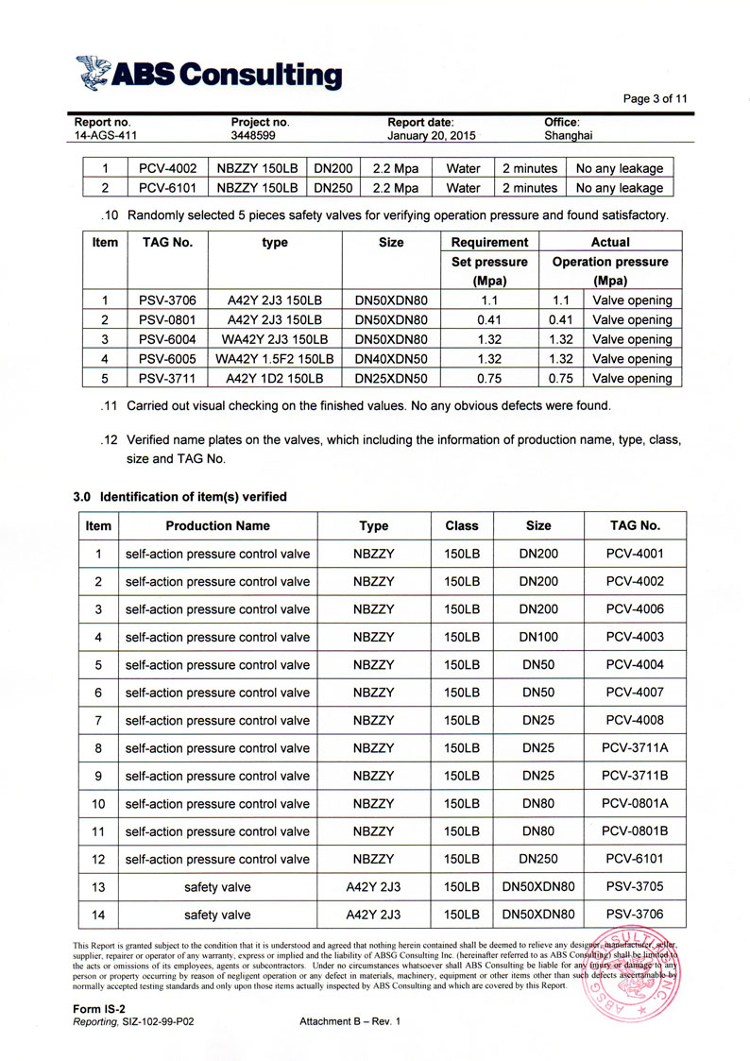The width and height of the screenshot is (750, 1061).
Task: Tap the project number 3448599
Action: click(253, 136)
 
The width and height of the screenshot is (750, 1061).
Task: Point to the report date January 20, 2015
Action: click(431, 136)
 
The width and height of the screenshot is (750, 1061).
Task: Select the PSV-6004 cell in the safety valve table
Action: click(167, 339)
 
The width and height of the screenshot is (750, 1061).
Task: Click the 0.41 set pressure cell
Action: click(489, 319)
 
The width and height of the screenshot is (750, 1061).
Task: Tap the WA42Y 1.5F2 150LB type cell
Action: click(275, 359)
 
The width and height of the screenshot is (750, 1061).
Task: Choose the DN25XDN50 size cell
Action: click(391, 378)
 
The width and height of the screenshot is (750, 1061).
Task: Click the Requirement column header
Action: click(489, 243)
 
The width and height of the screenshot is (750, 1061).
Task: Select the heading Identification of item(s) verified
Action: click(179, 497)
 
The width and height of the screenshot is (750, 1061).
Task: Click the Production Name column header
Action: click(217, 526)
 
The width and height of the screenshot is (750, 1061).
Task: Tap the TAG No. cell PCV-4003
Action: click(635, 637)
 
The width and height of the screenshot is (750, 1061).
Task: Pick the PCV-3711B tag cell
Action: click(635, 776)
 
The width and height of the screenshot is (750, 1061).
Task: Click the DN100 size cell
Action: click(538, 637)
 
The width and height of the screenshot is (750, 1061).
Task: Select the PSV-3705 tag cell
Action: click(635, 887)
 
